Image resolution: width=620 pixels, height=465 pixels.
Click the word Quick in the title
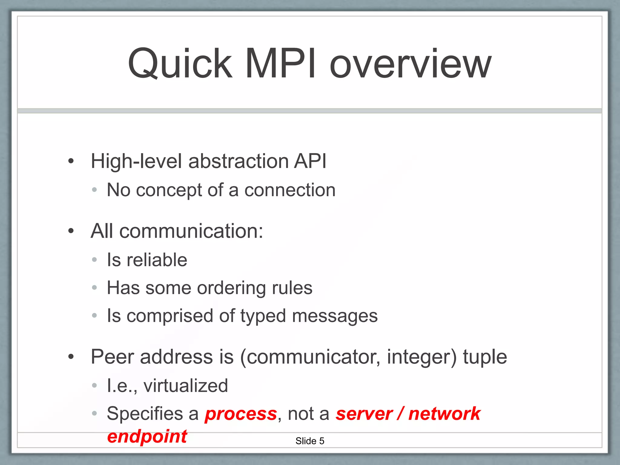click(180, 64)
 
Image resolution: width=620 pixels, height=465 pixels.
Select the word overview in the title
click(410, 64)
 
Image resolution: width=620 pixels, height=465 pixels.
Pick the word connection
click(290, 190)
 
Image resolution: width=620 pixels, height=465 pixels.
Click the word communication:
click(191, 231)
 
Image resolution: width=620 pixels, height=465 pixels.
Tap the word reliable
click(157, 260)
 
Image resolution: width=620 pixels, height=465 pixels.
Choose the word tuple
click(485, 357)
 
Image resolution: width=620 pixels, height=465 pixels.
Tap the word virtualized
click(186, 386)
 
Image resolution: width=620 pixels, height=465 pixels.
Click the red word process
click(241, 414)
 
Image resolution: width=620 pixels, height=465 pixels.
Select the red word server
click(364, 414)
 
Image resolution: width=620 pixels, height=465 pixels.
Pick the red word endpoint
click(147, 437)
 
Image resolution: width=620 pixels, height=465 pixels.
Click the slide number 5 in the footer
click(322, 441)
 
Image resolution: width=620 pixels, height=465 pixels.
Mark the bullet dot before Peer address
click(71, 357)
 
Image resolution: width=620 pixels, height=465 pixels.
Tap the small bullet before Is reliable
click(94, 260)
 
